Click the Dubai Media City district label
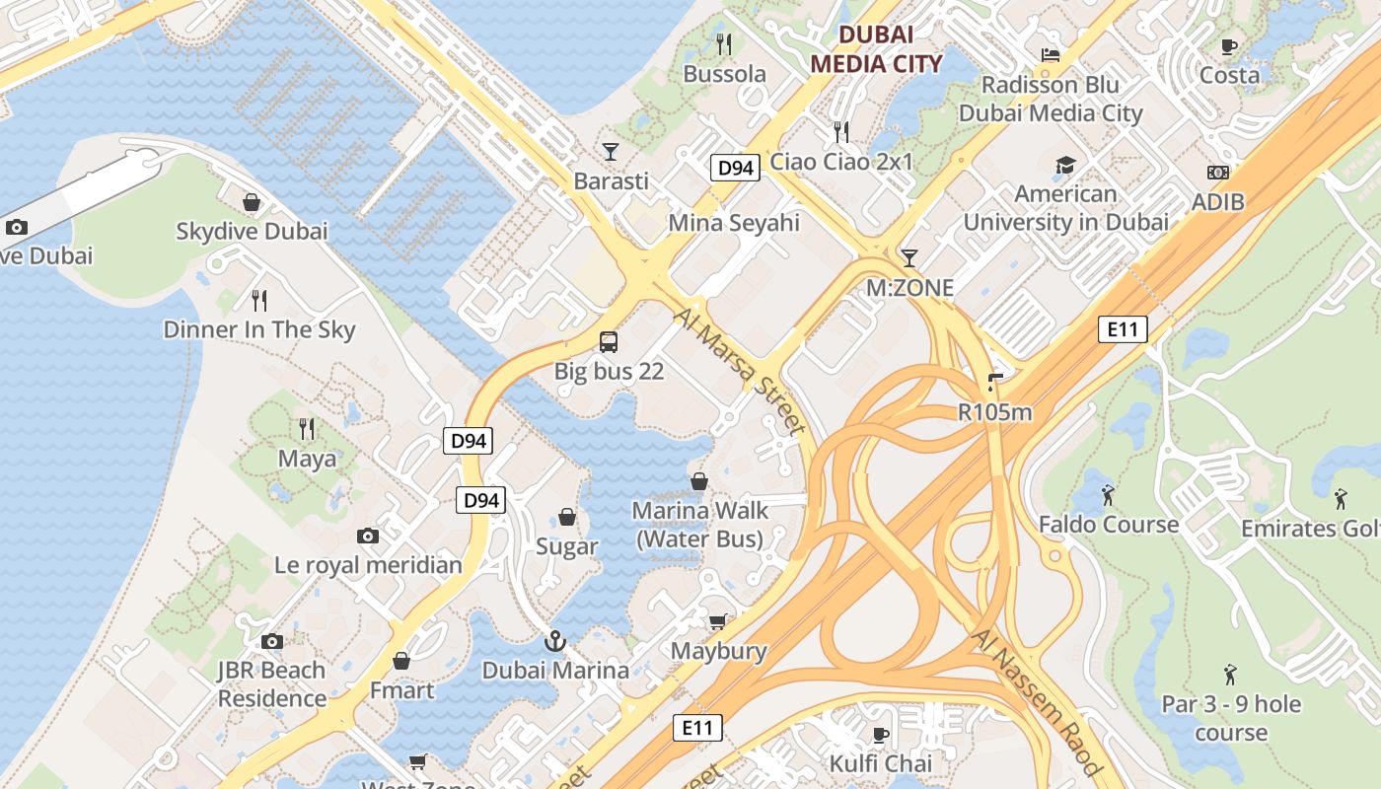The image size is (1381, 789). coord(876,49)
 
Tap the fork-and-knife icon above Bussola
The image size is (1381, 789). coord(724,43)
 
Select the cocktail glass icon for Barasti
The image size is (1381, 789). coord(611,151)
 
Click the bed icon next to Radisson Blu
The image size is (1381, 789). coord(1051,54)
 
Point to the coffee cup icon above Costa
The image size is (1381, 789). coord(1229,45)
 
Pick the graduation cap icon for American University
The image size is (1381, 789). coord(1065,165)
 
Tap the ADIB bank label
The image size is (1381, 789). coord(1218,201)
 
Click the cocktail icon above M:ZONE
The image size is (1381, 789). coord(909,257)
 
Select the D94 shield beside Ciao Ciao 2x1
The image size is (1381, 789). coord(736,168)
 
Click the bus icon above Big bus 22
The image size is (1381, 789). coord(609,342)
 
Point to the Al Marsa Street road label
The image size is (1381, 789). coord(741,370)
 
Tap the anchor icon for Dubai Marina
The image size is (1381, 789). coord(555,641)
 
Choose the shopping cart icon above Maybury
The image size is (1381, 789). coord(717,620)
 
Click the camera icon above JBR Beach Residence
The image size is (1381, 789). coord(272,641)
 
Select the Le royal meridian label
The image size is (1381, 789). coord(368,565)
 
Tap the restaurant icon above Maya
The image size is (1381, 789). coord(307,428)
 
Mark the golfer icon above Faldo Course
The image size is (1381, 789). coord(1108,493)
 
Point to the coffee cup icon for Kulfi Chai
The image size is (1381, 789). coord(881,734)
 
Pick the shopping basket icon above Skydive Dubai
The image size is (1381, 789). coord(252,202)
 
